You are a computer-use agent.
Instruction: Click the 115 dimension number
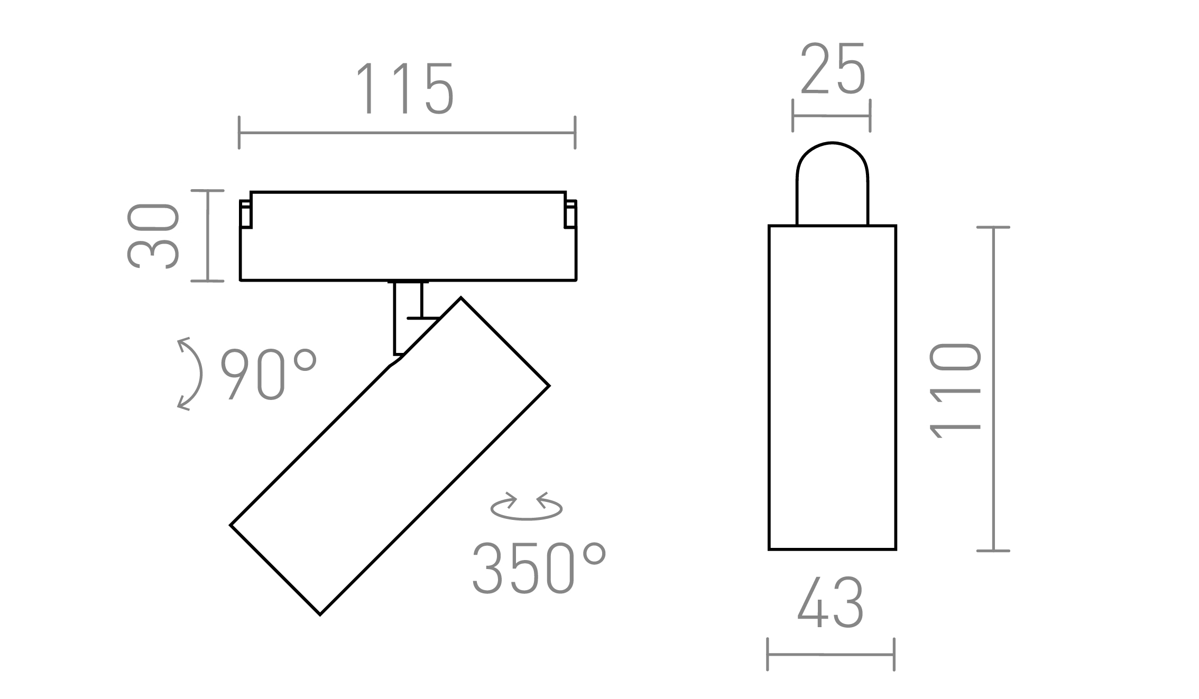click(x=405, y=89)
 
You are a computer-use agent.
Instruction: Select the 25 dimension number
click(x=833, y=69)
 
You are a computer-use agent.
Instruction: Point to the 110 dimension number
click(x=956, y=390)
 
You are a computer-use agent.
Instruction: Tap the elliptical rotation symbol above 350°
click(x=526, y=507)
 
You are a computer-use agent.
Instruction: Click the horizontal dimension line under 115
click(x=407, y=133)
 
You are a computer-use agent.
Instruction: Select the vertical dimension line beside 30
click(x=208, y=236)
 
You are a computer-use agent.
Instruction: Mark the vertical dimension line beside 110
click(x=993, y=389)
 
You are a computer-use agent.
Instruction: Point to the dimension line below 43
click(x=830, y=655)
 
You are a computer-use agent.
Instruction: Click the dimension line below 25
click(x=831, y=116)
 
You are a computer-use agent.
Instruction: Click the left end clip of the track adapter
click(x=245, y=215)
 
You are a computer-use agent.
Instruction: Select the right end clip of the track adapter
click(x=570, y=215)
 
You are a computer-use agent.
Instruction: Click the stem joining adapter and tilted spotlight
click(x=408, y=317)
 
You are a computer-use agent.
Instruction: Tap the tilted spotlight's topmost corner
click(x=460, y=299)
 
